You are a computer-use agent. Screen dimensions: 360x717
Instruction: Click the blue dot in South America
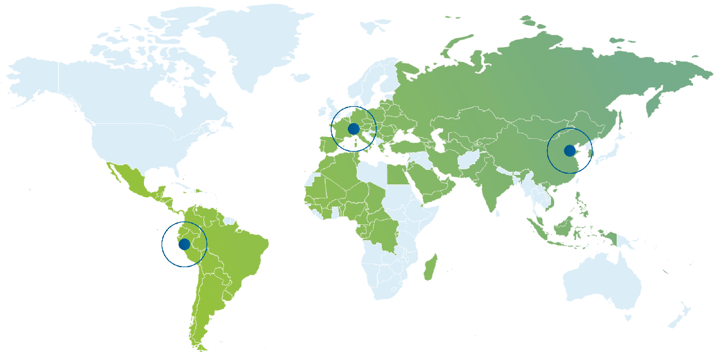(x=184, y=244)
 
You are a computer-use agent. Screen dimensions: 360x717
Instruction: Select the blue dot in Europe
(x=353, y=129)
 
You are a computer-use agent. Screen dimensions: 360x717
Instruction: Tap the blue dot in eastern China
(x=569, y=150)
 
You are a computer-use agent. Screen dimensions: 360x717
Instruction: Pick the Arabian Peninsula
(x=429, y=183)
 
